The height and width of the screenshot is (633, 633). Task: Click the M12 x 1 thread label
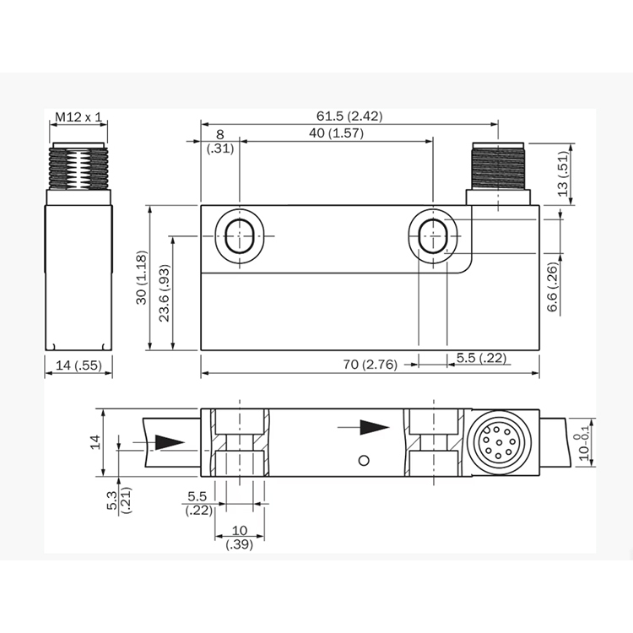pyautogui.click(x=78, y=117)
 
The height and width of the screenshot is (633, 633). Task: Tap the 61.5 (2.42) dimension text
pyautogui.click(x=349, y=116)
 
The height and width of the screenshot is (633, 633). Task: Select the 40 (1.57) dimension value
pyautogui.click(x=336, y=133)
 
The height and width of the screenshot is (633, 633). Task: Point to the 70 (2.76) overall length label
pyautogui.click(x=371, y=365)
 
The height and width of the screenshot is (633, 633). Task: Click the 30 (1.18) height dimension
pyautogui.click(x=142, y=278)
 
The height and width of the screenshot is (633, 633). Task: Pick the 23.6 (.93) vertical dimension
pyautogui.click(x=165, y=293)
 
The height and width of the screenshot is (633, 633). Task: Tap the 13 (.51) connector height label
pyautogui.click(x=563, y=174)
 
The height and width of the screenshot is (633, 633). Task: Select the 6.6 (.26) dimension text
pyautogui.click(x=552, y=287)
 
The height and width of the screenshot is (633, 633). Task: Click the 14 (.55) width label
pyautogui.click(x=78, y=365)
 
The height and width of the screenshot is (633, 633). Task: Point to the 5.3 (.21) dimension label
pyautogui.click(x=120, y=500)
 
